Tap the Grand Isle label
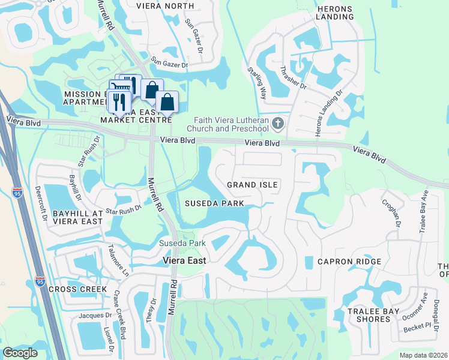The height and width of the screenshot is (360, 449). [252, 185]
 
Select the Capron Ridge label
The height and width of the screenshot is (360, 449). [349, 262]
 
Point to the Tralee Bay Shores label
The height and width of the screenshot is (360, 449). [369, 315]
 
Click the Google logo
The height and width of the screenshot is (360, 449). [20, 353]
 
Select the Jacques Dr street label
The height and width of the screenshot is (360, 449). [95, 315]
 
